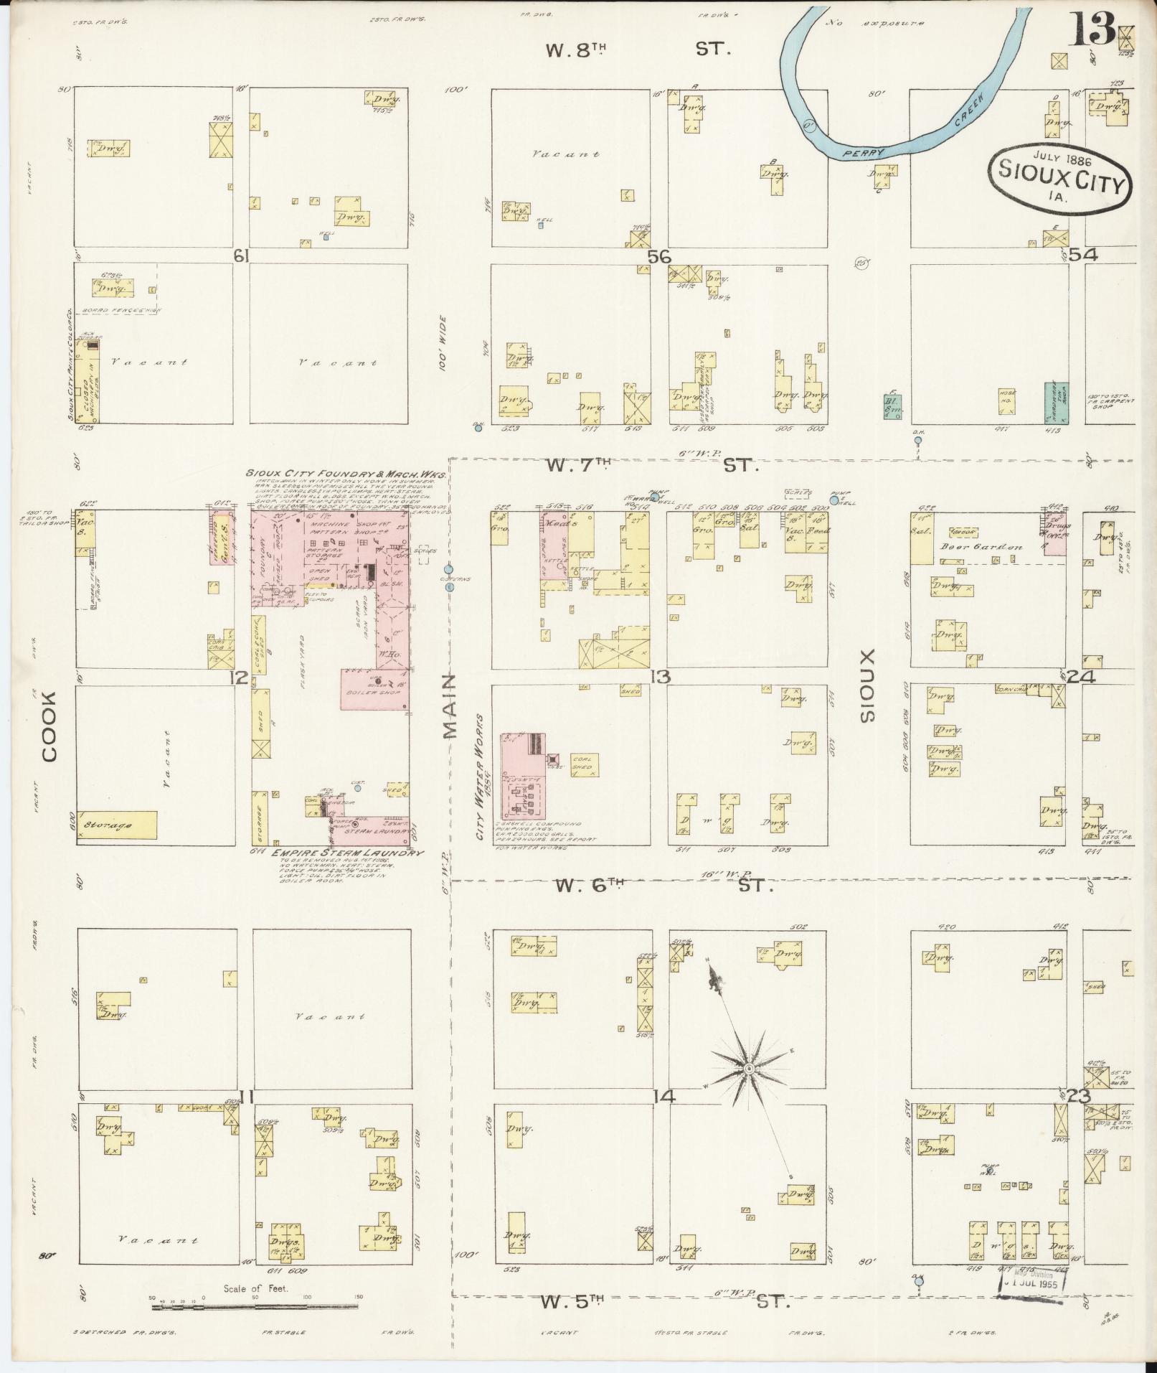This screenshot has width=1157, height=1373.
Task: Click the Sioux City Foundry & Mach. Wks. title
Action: point(346,474)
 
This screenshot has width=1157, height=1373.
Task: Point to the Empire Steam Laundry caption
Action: point(348,853)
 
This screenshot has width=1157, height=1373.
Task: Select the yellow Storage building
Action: point(116,825)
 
